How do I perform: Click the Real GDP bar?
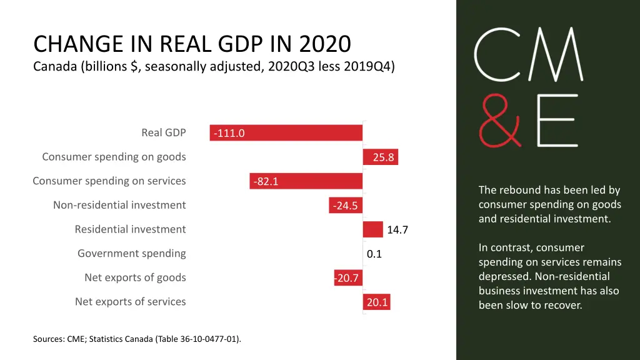[286, 132]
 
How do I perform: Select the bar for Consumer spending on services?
[306, 181]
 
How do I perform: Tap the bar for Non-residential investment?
[346, 206]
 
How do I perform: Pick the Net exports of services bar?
[377, 302]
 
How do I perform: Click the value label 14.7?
[397, 230]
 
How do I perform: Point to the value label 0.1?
[374, 254]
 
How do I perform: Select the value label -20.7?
[347, 278]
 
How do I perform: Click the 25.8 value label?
[383, 157]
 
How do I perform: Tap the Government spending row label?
[131, 253]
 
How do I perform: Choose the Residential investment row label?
[130, 229]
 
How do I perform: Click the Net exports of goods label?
[135, 277]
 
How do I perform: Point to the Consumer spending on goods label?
[114, 157]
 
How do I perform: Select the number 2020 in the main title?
[325, 45]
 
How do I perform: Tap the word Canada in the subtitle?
[55, 67]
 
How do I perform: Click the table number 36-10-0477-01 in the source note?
[197, 339]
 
